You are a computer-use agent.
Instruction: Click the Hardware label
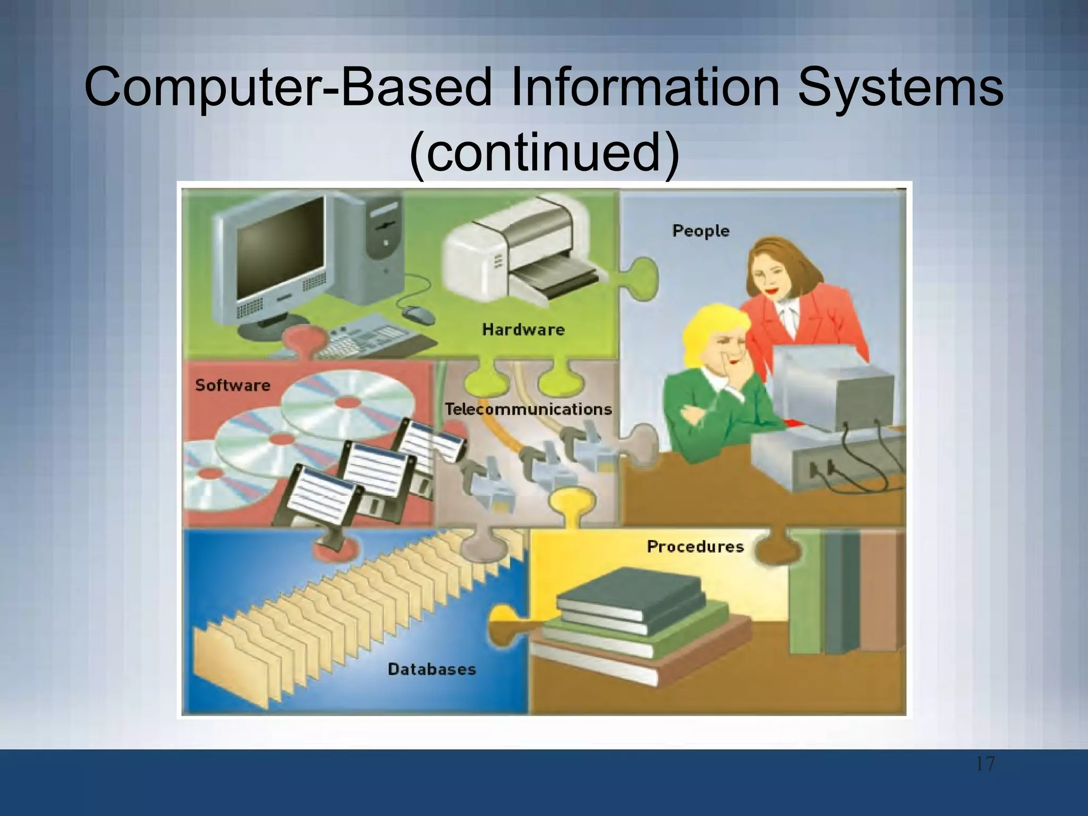click(x=523, y=330)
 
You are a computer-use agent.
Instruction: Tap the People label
click(x=701, y=231)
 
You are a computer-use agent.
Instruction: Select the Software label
click(x=233, y=385)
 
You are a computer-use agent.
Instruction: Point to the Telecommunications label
click(x=528, y=409)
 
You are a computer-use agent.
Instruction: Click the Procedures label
click(x=695, y=547)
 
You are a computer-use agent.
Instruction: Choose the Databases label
click(x=431, y=669)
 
